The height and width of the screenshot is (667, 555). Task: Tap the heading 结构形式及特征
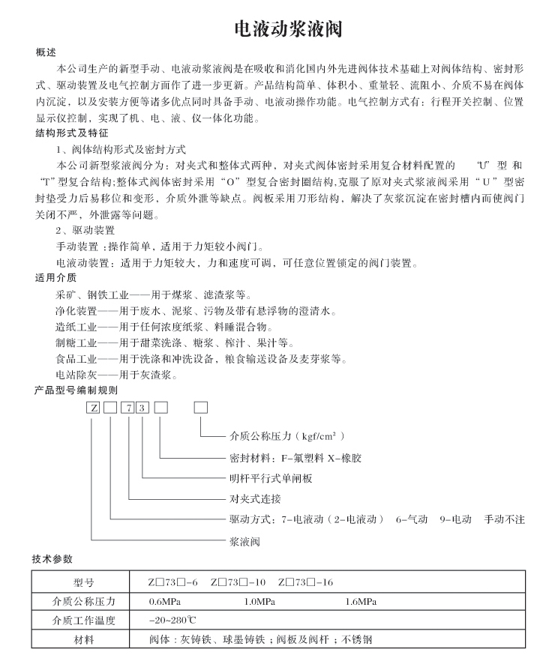coord(67,133)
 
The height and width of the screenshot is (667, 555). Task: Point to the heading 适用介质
coord(51,277)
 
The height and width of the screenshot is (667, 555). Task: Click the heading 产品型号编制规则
coord(76,390)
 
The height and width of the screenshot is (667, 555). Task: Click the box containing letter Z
coord(91,408)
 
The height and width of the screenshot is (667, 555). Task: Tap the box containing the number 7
coord(130,408)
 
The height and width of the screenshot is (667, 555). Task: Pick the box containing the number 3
coord(143,408)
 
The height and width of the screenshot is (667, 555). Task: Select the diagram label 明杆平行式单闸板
coord(269,478)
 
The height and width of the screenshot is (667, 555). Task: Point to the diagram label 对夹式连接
coord(254,498)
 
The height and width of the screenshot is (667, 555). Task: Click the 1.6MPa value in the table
coord(361,600)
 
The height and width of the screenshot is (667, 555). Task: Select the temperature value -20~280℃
coord(172,621)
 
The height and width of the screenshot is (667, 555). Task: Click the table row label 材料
coord(83,640)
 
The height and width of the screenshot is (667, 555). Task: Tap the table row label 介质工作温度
coord(83,621)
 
